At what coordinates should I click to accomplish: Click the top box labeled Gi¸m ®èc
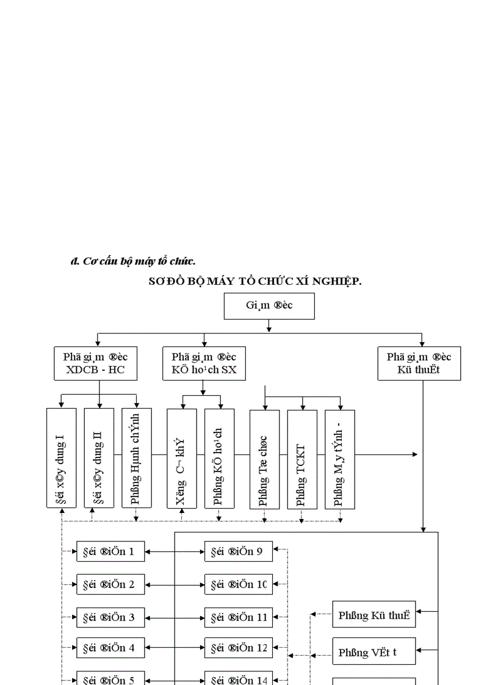(269, 306)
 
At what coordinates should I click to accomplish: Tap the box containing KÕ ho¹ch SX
(204, 363)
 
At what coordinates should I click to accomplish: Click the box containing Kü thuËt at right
(419, 363)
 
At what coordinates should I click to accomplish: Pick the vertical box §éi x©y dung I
(62, 458)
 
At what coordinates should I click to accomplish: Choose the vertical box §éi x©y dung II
(99, 458)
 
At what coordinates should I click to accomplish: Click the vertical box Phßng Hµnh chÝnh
(136, 458)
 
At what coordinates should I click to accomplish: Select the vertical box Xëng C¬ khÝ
(182, 458)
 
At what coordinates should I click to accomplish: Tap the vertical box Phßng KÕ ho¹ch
(219, 458)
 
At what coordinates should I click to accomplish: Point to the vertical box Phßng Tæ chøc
(264, 458)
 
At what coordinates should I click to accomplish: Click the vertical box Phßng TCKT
(302, 458)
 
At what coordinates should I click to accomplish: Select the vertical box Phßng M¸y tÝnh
(340, 458)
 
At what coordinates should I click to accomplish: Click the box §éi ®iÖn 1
(110, 551)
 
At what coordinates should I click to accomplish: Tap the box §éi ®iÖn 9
(238, 551)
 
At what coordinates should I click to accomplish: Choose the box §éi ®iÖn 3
(110, 617)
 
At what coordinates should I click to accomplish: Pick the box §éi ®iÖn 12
(238, 648)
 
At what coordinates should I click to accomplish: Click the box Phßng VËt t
(374, 652)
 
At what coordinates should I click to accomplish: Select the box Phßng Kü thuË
(374, 615)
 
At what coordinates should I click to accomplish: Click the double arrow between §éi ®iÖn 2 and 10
(175, 584)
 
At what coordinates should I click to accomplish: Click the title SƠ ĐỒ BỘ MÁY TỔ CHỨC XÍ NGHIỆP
(255, 281)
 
